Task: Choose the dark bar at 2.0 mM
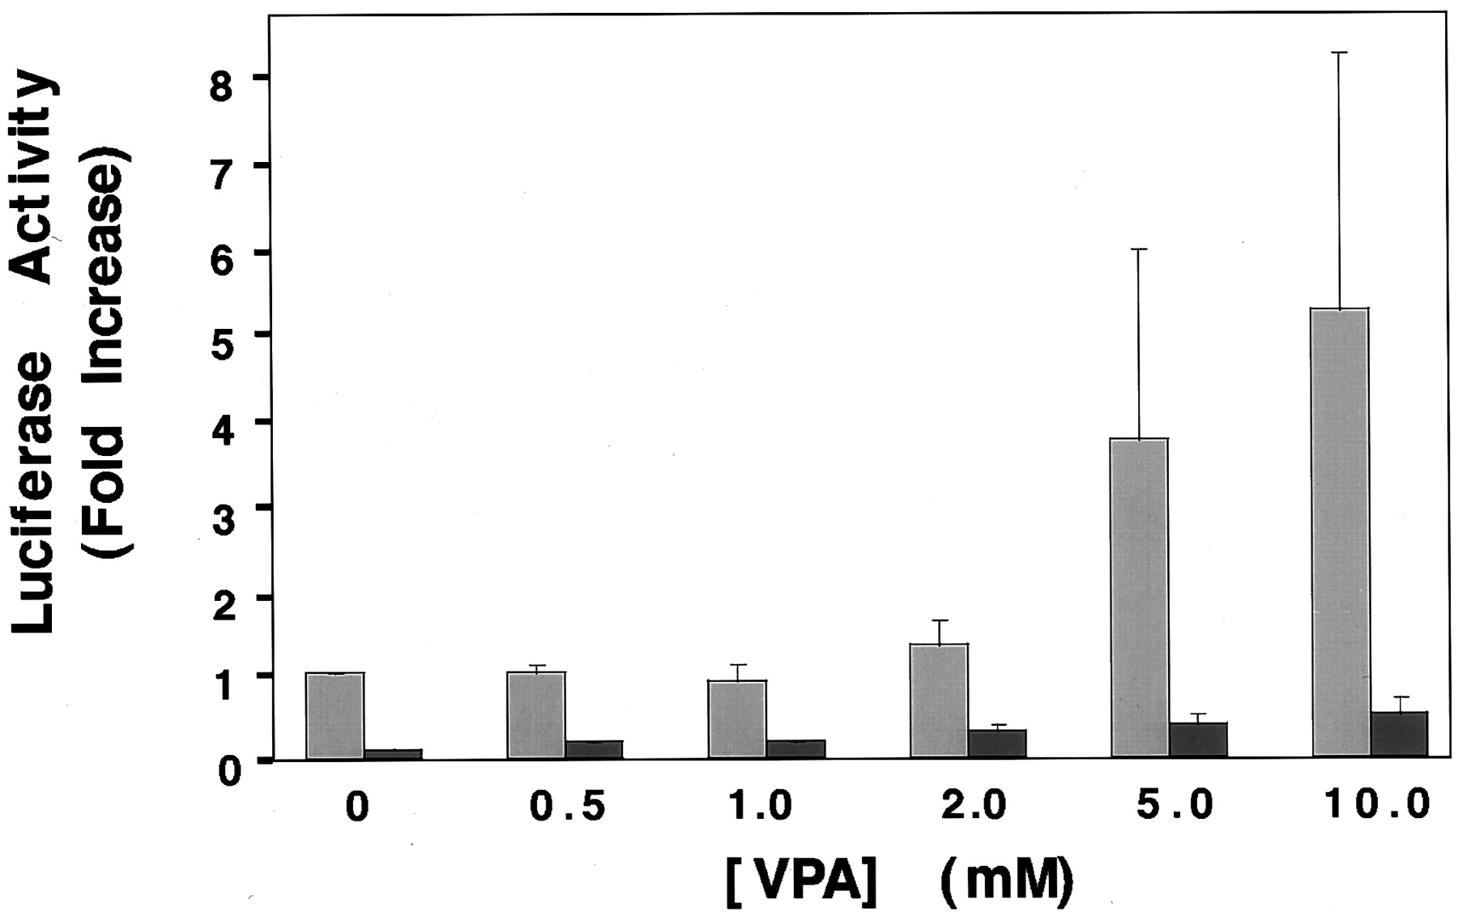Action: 997,743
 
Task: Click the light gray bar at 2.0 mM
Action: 939,701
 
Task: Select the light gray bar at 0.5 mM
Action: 536,714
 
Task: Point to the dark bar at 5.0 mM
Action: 1198,739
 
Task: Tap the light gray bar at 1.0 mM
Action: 737,719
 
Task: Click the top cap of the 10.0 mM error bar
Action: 1341,53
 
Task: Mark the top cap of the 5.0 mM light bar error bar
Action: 1140,249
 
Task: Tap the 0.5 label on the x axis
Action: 566,808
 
